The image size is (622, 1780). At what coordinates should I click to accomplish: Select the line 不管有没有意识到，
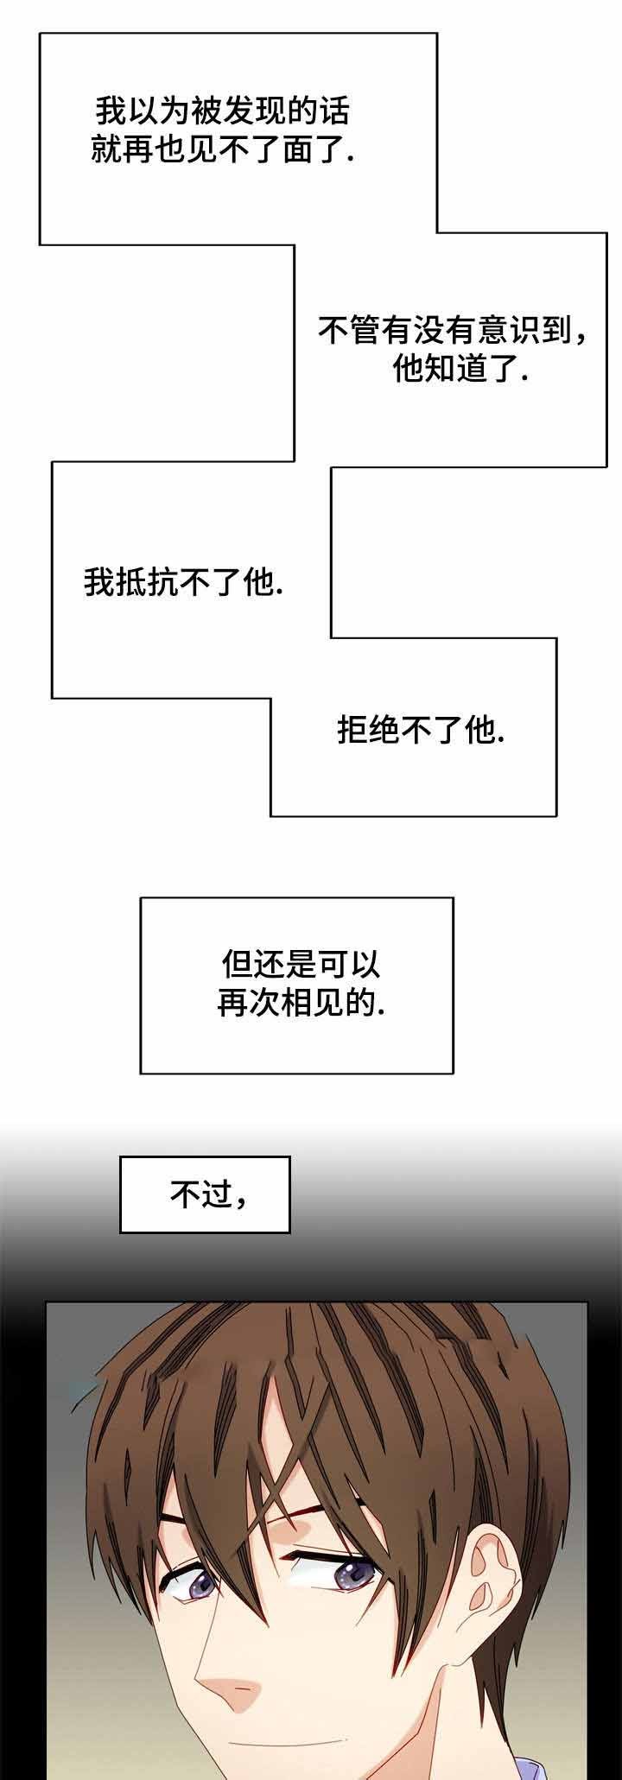click(x=454, y=330)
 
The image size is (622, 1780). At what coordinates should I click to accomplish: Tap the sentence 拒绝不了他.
click(x=421, y=732)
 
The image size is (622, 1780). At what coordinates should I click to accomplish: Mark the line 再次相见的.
click(x=301, y=1004)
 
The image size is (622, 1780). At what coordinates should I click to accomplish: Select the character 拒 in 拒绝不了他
click(x=352, y=732)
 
